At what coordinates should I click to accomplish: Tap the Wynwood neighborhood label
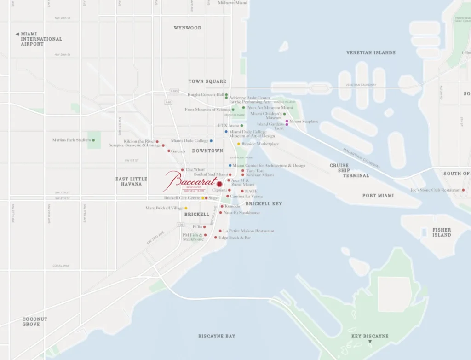point(187,28)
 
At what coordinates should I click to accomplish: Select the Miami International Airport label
point(39,39)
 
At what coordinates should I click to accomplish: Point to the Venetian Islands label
point(371,52)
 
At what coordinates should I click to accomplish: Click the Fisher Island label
point(442,232)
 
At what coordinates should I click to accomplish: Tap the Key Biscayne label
point(370,336)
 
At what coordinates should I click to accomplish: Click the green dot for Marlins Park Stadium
point(93,140)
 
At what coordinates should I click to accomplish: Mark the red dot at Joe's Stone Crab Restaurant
point(463,190)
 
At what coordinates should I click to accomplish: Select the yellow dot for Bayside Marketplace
point(239,144)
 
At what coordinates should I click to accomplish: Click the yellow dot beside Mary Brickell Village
point(186,208)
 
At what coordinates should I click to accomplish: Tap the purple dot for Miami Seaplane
point(287,121)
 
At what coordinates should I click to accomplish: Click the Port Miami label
point(378,196)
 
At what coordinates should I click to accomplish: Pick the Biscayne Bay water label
point(217,336)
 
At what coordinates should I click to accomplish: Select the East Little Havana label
point(132,181)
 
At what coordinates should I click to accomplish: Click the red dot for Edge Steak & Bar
point(215,238)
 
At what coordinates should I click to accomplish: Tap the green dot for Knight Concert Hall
point(226,94)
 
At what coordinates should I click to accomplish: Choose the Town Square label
point(207,81)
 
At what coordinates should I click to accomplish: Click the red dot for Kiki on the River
point(157,141)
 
